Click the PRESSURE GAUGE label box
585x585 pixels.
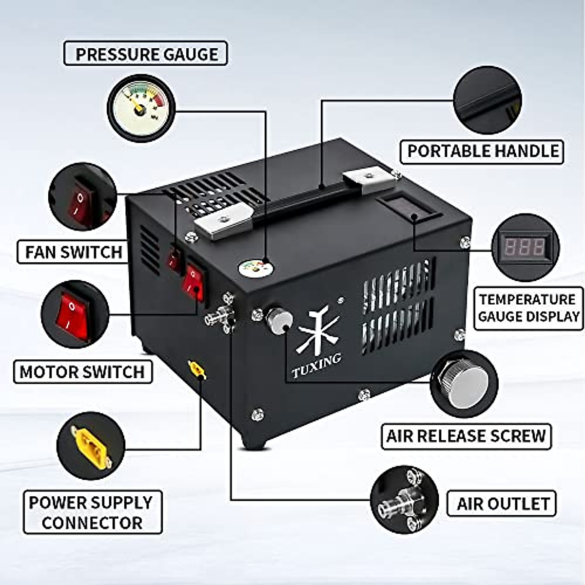146,54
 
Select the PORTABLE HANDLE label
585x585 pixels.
482,152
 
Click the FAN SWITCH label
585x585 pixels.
74,252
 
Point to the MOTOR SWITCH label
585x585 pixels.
83,371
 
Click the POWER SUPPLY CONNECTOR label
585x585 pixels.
92,512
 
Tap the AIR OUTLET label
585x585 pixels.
502,504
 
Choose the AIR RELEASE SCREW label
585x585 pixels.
466,436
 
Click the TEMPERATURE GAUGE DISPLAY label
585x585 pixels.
528,308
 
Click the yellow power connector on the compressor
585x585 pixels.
196,370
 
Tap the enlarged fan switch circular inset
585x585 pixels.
83,197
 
